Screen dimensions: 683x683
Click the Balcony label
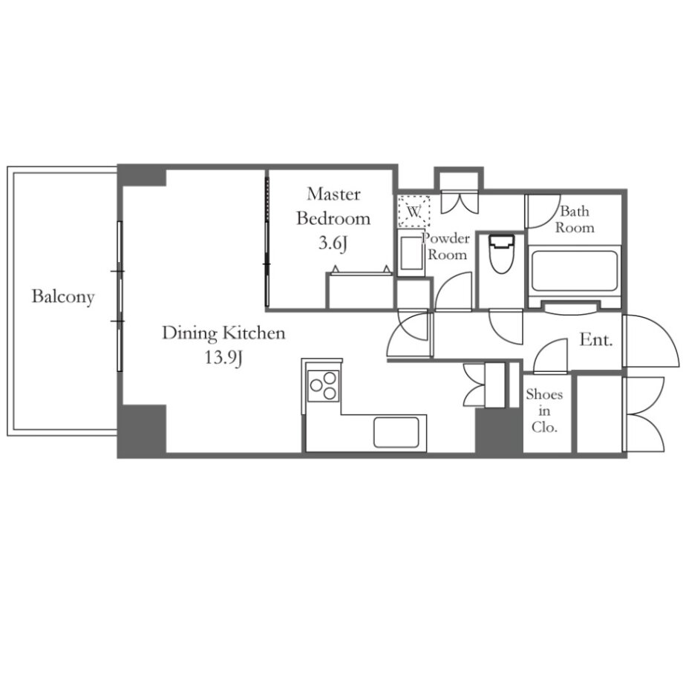click(63, 297)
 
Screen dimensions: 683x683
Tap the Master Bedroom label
click(333, 206)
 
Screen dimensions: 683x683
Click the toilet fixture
click(501, 254)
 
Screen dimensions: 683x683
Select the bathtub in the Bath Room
click(574, 270)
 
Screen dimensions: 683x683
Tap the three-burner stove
click(323, 385)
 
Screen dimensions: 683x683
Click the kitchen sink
click(396, 433)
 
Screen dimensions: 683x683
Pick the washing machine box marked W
click(414, 212)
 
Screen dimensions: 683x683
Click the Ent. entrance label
click(596, 339)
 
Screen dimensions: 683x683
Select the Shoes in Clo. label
click(544, 411)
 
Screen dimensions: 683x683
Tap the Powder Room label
click(446, 246)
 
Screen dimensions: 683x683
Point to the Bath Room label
click(575, 219)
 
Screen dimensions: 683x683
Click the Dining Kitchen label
click(223, 333)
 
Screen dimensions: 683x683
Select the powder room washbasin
click(411, 253)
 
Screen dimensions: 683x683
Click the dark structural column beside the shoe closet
click(499, 431)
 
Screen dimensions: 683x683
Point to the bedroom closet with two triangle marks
click(360, 291)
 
